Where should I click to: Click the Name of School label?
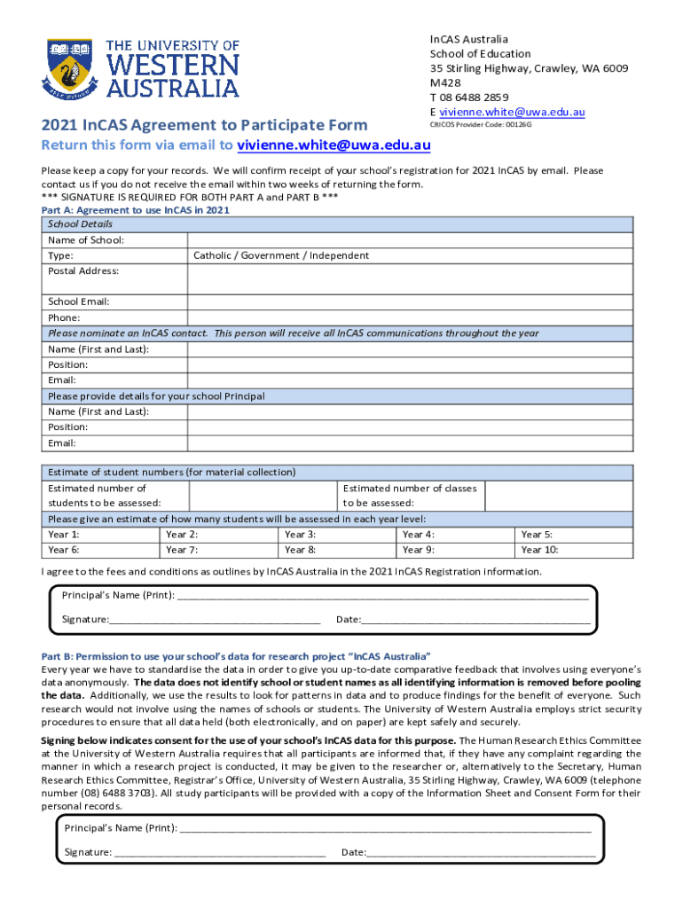coord(86,240)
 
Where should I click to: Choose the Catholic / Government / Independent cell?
coord(281,255)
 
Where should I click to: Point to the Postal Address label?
coord(83,270)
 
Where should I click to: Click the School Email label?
coord(79,301)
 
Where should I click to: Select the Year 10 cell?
coord(574,550)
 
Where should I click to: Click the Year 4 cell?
coord(455,535)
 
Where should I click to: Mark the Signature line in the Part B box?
coord(219,852)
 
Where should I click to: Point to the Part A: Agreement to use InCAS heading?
coord(136,210)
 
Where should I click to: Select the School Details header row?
coord(337,224)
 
